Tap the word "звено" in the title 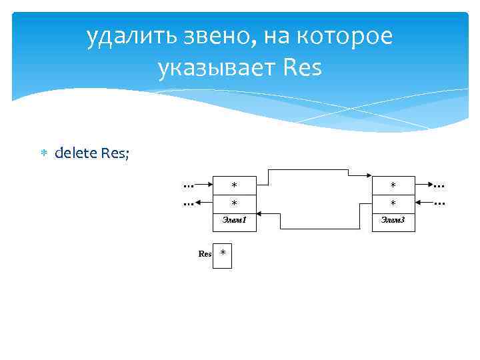[215, 37]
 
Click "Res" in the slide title [302, 67]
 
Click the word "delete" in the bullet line [75, 153]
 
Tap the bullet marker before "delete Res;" [43, 153]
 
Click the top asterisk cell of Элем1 [234, 185]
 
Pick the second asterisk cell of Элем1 [234, 202]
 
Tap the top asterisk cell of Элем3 [393, 185]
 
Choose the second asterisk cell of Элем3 [393, 202]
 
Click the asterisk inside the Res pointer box [223, 253]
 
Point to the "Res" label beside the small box [205, 254]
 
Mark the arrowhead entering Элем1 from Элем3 [260, 214]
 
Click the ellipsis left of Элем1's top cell [189, 184]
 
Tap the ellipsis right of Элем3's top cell [440, 184]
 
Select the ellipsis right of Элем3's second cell [440, 200]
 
